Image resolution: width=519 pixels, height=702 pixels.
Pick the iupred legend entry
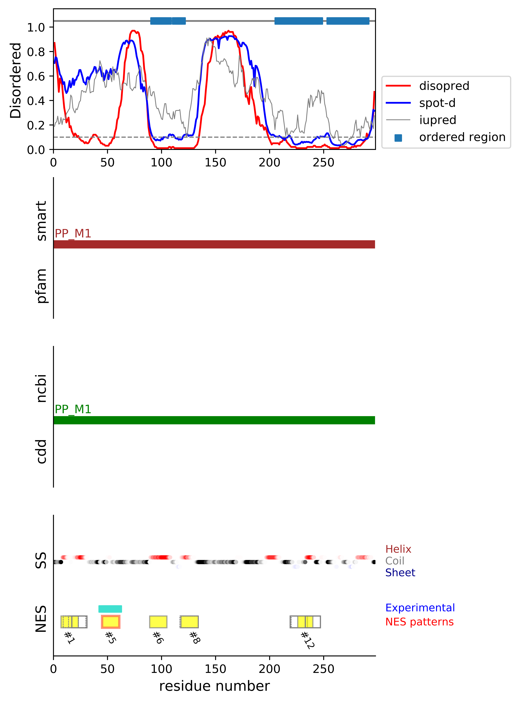(x=438, y=120)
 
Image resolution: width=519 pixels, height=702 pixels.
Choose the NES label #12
(x=307, y=640)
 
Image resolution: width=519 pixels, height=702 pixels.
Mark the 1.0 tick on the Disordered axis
(x=36, y=28)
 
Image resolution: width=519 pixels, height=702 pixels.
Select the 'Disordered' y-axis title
(x=16, y=80)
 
